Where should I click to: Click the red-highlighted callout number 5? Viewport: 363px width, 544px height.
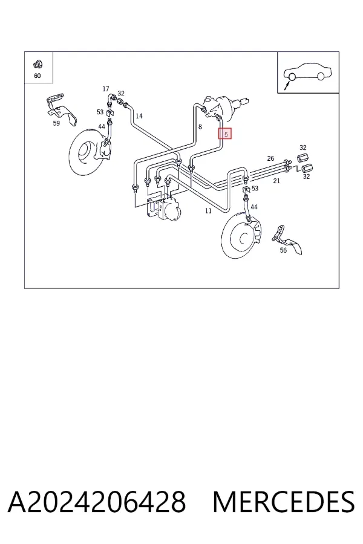coord(226,134)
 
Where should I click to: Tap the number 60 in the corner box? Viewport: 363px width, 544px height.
coord(38,76)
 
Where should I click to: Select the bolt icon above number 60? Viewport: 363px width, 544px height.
coord(37,64)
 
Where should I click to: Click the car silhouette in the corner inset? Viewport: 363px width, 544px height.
coord(307,71)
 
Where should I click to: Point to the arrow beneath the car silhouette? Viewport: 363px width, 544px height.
coord(286,85)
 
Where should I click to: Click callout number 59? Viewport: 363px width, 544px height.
coord(56,123)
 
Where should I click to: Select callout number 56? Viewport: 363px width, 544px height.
coord(284,250)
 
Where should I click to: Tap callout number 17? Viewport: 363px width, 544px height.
coord(106,89)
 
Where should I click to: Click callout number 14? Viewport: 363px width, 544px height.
coord(139,116)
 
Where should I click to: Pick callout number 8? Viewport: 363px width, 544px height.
coord(200,127)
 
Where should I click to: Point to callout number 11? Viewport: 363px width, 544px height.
coord(208,210)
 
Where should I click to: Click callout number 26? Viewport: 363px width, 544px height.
coord(270,158)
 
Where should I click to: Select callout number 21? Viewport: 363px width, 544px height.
coord(276,181)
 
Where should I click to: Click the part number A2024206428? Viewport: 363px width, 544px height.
coord(97,502)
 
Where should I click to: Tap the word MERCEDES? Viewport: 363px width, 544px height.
coord(284,502)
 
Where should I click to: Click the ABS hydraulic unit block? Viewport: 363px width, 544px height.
coord(163,209)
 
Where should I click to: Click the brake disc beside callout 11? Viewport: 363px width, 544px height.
coord(240,237)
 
